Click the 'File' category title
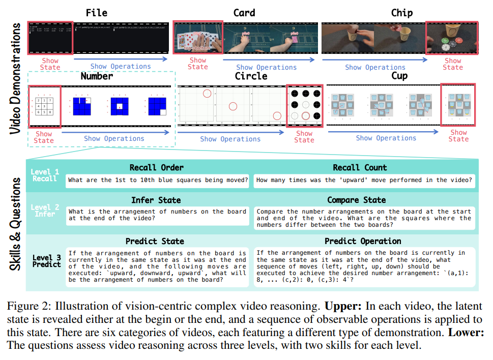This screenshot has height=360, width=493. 97,12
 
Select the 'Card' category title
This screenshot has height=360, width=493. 244,12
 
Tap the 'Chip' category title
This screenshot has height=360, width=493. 401,12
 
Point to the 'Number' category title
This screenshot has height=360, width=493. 97,76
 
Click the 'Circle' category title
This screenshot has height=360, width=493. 250,76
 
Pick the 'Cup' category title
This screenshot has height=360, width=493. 399,76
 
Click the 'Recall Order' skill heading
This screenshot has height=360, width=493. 156,167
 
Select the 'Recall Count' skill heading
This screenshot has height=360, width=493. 360,167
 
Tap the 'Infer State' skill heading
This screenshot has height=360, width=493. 156,200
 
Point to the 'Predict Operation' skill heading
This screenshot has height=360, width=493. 363,241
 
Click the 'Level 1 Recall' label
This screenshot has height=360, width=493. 45,175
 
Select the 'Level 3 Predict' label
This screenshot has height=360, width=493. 47,260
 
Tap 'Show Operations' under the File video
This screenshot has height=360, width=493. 121,66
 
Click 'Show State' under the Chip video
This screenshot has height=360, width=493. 452,64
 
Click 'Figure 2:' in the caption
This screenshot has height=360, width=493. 29,306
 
